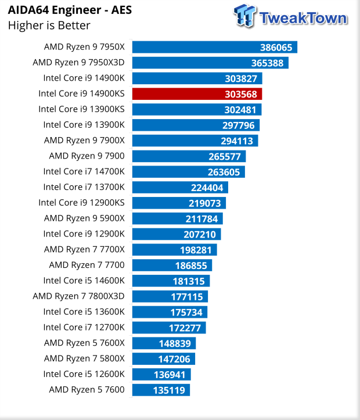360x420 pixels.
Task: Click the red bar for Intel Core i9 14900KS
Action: tap(197, 94)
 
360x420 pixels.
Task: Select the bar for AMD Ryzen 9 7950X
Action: tap(214, 47)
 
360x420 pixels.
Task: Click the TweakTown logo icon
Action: tap(244, 16)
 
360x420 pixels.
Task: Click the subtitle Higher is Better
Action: tap(49, 25)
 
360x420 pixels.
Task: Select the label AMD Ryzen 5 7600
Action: tap(87, 389)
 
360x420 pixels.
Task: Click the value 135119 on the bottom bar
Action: tap(169, 390)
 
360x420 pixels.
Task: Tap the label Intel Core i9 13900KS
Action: tap(81, 109)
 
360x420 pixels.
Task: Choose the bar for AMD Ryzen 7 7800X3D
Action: tap(170, 296)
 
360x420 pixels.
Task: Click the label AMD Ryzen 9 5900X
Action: tap(84, 218)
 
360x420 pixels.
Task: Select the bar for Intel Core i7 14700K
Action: tap(188, 171)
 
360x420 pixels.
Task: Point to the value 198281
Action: tap(196, 250)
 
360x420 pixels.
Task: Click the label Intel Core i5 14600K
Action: tap(84, 281)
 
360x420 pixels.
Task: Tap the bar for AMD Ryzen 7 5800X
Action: tap(163, 358)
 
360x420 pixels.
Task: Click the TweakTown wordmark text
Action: tap(303, 17)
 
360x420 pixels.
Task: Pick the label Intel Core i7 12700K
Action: tap(84, 327)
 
